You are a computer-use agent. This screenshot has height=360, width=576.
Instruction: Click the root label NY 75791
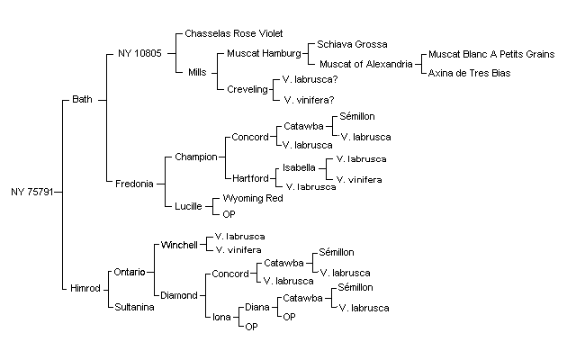point(32,192)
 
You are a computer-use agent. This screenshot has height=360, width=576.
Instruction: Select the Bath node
point(82,99)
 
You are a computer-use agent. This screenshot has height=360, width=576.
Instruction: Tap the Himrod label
point(85,288)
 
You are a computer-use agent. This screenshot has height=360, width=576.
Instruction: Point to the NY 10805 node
point(139,53)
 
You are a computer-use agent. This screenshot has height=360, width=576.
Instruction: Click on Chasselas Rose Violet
point(234,33)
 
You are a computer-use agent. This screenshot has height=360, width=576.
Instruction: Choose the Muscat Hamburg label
point(264,54)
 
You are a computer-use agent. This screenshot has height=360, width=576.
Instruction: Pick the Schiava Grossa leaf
point(352,44)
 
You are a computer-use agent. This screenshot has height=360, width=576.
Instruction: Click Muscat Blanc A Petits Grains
point(491,54)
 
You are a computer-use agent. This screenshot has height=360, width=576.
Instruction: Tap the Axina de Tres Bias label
point(469,73)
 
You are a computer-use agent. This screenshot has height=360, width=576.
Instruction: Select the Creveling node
point(247,89)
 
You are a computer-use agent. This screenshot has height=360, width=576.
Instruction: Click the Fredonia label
point(134,184)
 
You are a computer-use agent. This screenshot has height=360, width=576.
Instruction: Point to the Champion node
point(196,157)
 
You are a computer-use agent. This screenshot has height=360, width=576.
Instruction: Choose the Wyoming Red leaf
point(253,198)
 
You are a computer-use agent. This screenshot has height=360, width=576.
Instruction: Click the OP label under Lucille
point(229,214)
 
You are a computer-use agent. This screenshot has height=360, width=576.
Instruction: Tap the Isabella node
point(299,168)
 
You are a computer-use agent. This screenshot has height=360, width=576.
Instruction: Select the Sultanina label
point(134,307)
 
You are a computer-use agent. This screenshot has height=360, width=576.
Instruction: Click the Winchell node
point(179,245)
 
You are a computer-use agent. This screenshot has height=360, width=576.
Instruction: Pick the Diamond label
point(179,295)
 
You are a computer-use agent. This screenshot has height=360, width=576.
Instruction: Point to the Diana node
point(257,307)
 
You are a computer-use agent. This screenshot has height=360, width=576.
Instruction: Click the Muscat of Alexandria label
point(366,64)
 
